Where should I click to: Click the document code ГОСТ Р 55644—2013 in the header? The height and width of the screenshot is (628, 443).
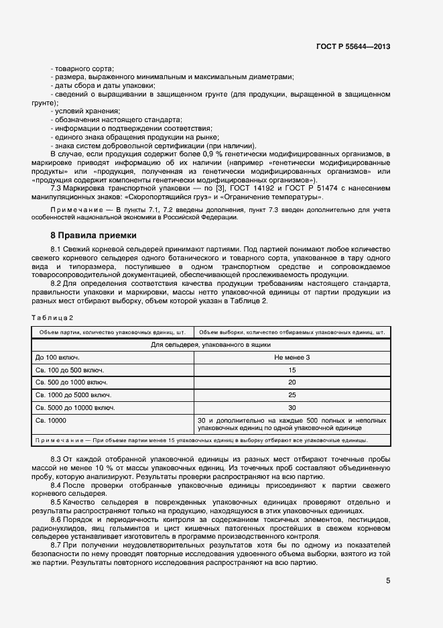(x=353, y=46)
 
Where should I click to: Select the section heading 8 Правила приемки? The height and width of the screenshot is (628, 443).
(x=94, y=235)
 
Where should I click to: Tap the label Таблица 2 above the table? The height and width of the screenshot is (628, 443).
(x=52, y=317)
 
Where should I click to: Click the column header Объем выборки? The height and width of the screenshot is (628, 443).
(x=292, y=331)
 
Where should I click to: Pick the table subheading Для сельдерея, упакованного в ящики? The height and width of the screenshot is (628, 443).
(x=210, y=344)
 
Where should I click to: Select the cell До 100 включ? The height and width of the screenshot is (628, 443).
(x=58, y=357)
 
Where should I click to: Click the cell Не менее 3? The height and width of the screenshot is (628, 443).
(x=292, y=357)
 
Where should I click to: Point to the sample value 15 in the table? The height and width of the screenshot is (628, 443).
(x=292, y=370)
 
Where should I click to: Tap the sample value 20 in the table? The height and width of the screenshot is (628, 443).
(x=292, y=382)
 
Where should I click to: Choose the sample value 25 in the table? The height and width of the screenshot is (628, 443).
(x=292, y=395)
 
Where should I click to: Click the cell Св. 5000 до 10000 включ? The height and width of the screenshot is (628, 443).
(x=75, y=408)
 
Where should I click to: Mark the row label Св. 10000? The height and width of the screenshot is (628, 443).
(x=51, y=421)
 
